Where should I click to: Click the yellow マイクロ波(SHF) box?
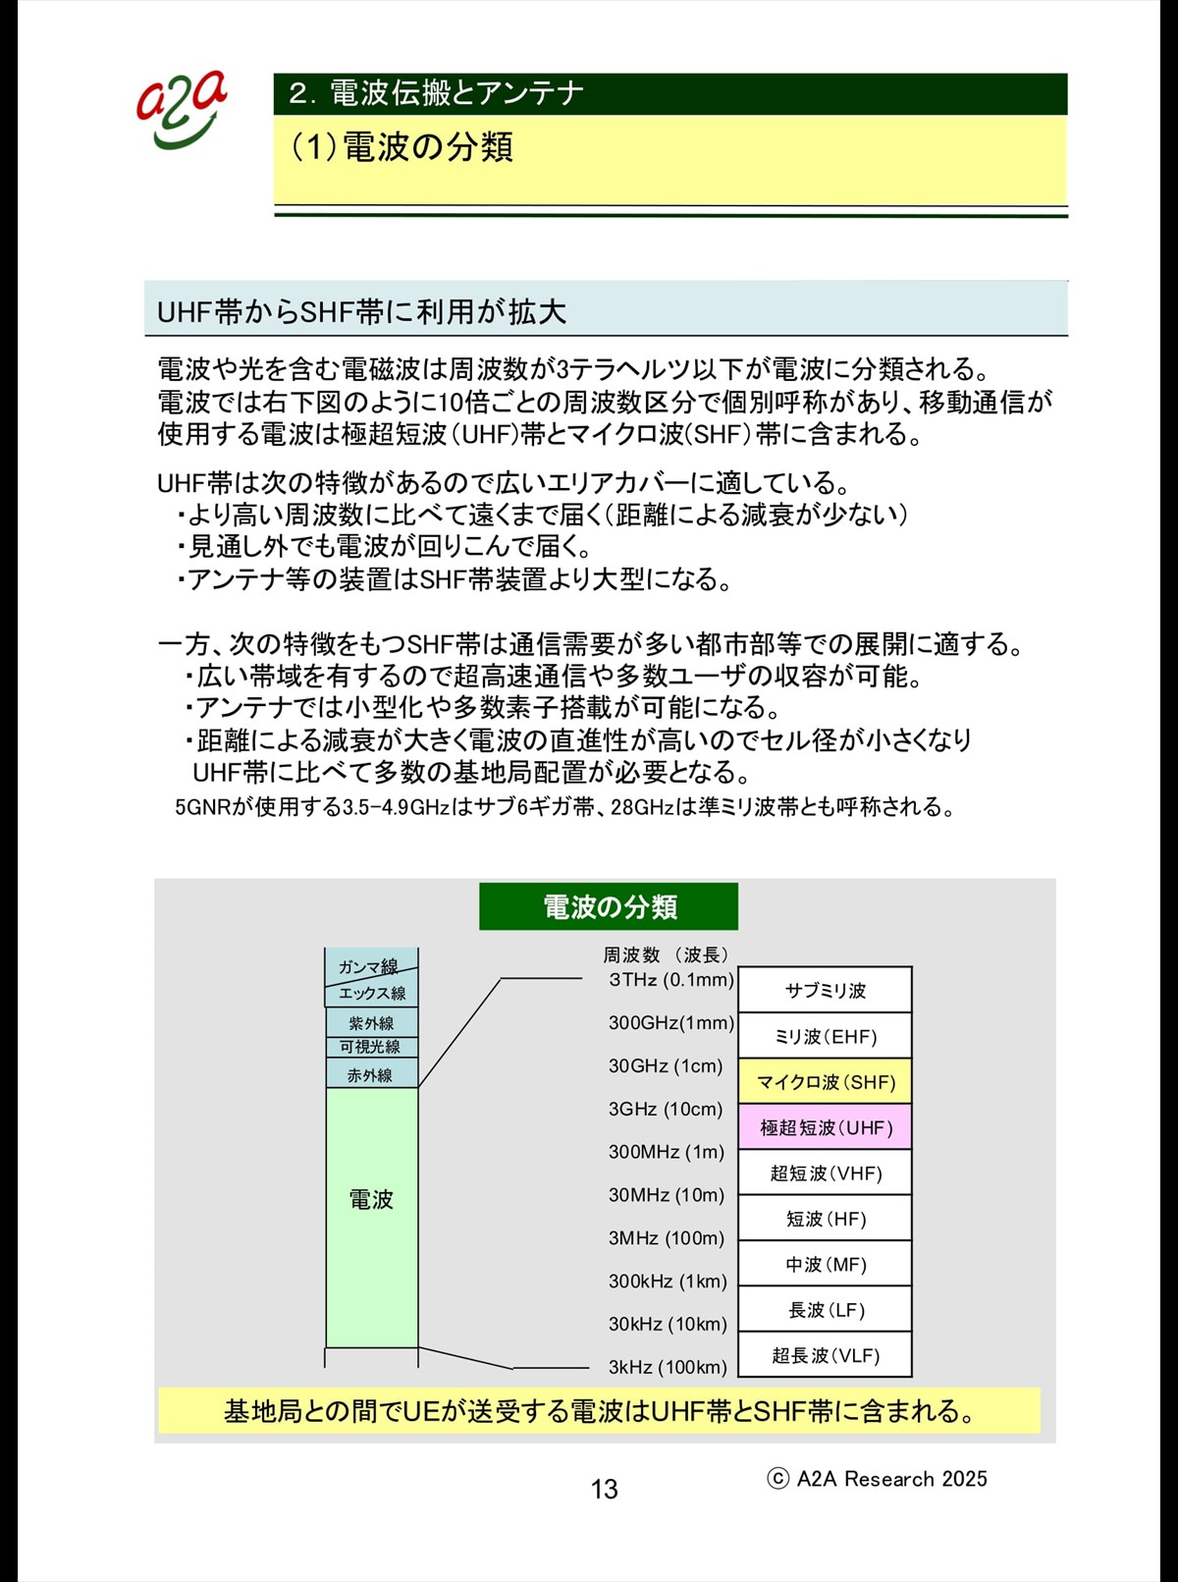pos(825,1081)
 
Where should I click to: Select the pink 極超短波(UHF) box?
pos(825,1127)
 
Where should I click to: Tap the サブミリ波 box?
pos(825,990)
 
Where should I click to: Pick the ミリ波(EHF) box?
pos(825,1036)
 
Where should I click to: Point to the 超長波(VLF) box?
pos(825,1355)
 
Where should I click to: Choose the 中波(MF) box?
pos(825,1264)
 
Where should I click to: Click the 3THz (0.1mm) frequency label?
pos(671,979)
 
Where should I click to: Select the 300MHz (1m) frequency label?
pos(666,1152)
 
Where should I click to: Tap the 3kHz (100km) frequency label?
pos(668,1367)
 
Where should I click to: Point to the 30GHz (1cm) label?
pos(665,1065)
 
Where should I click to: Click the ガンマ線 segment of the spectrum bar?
pos(368,965)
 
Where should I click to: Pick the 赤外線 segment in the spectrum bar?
pos(371,1074)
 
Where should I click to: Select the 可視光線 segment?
pos(371,1047)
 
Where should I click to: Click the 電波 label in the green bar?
pos(371,1199)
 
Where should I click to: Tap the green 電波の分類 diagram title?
pos(609,906)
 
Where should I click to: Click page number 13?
pos(605,1489)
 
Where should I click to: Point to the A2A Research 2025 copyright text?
pos(878,1479)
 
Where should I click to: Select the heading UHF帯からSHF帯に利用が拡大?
pos(361,311)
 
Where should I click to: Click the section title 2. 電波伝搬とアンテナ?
pos(437,93)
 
